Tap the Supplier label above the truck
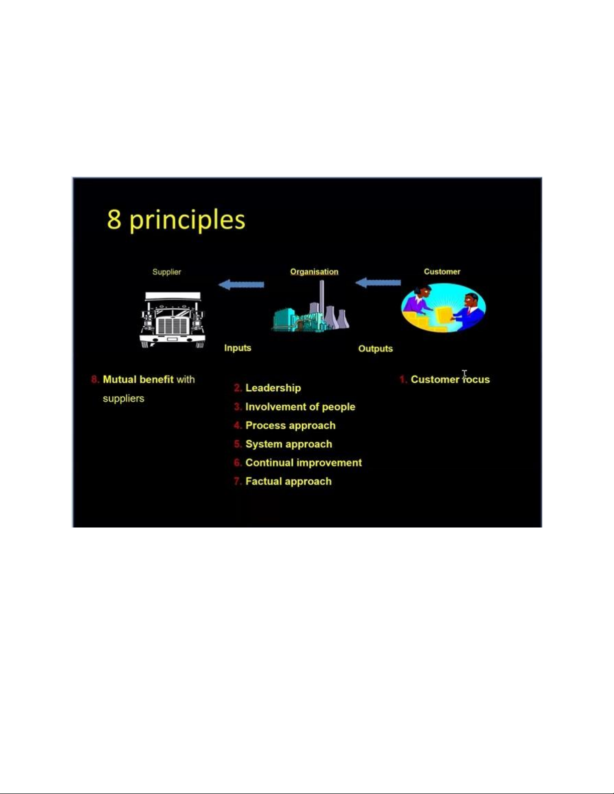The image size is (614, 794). pos(166,272)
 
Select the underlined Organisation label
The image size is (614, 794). pos(314,272)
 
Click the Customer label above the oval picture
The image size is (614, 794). pos(442,272)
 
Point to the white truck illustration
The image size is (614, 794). pos(172,320)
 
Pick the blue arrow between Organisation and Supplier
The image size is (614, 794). pos(241,284)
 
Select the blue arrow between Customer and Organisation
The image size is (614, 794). pos(378,283)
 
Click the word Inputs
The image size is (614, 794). pos(238,348)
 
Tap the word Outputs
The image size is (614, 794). pos(375,349)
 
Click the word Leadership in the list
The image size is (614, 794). pos(273,388)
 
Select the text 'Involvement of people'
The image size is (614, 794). pos(300,407)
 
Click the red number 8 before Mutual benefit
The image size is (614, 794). pos(95,379)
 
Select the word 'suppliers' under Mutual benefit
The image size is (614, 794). pos(123,398)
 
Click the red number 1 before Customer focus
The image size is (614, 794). pos(403,379)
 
